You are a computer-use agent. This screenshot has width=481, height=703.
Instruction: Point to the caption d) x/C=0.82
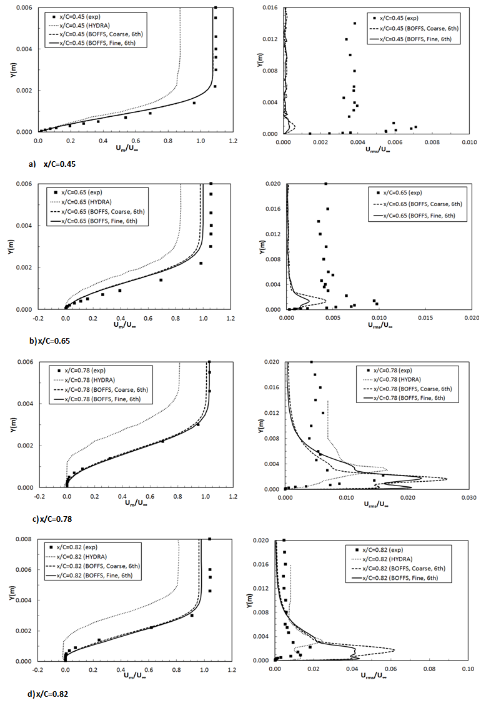tap(38, 694)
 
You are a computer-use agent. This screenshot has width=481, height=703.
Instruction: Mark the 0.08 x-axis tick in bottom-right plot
tap(429, 669)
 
